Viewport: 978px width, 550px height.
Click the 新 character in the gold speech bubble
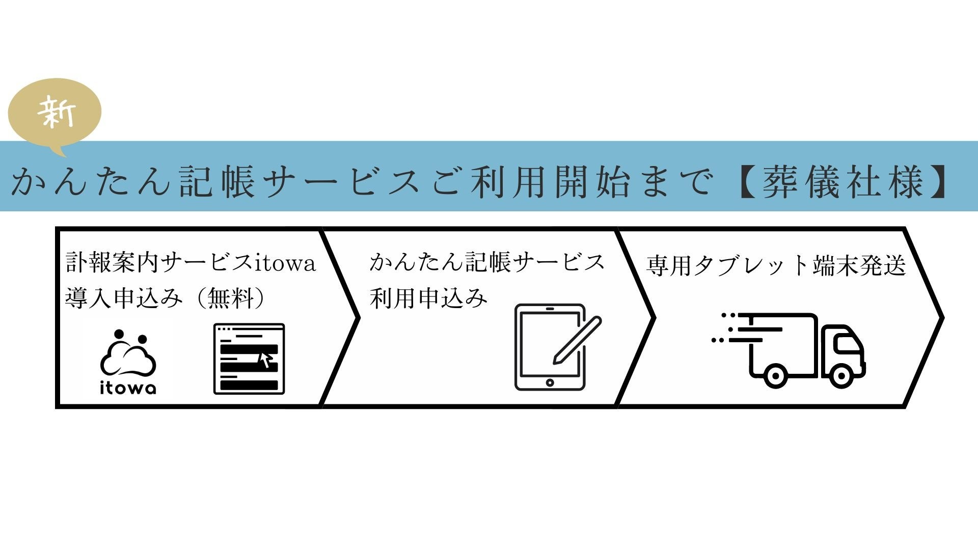click(57, 112)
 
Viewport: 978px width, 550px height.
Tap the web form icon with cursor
click(249, 359)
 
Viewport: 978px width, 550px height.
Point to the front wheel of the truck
click(841, 377)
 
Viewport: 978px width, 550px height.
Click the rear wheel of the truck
click(774, 377)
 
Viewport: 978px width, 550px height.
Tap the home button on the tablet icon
click(550, 382)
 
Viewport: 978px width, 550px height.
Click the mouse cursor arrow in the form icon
click(265, 359)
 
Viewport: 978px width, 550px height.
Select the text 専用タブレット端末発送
click(776, 266)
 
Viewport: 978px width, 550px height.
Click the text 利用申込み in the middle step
click(428, 298)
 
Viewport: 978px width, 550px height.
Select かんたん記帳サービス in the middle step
click(487, 262)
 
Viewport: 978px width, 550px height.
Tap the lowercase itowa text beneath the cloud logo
click(128, 388)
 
